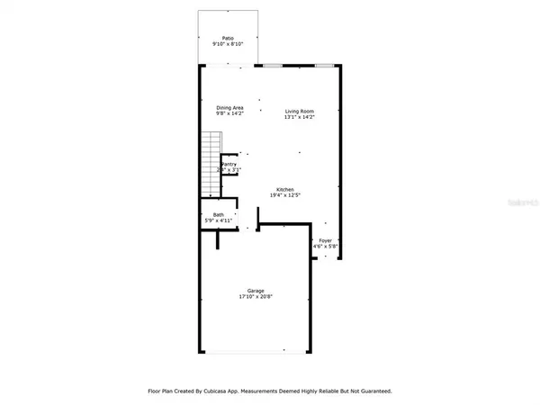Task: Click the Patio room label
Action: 228,38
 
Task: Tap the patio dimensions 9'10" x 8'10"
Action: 228,43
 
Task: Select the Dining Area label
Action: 229,107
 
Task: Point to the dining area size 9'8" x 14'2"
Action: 229,113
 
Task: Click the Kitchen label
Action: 285,189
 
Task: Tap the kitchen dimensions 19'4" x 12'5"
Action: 285,195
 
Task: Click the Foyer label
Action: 325,240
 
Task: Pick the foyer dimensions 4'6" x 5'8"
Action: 325,247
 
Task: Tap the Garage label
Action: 256,290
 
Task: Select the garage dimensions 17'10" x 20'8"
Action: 256,296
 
